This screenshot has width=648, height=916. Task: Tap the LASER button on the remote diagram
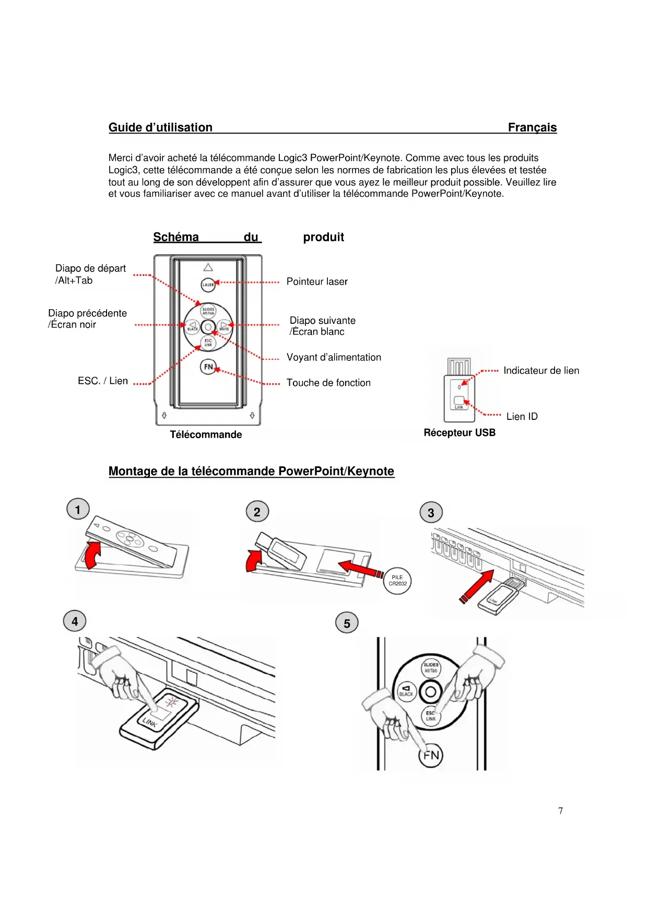[x=208, y=285]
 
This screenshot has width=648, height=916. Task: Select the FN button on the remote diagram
[x=208, y=367]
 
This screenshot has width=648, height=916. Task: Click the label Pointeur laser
[x=317, y=281]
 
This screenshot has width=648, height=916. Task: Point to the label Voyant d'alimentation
[x=334, y=357]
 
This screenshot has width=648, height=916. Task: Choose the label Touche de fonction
[x=328, y=383]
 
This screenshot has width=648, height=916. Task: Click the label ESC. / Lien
[x=103, y=381]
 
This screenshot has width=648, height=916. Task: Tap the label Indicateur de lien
[x=541, y=370]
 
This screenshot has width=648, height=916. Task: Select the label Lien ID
[x=522, y=416]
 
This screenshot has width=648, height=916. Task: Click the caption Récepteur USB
[x=460, y=432]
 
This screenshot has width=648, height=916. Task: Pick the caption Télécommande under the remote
[x=206, y=434]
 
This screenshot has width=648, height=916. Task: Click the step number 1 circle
[x=78, y=509]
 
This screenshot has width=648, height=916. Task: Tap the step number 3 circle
[x=431, y=513]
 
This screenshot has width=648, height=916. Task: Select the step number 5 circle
[x=347, y=623]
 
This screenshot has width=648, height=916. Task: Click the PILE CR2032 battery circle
[x=397, y=581]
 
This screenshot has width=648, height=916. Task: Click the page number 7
[x=560, y=811]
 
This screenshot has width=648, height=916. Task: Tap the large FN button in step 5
[x=431, y=755]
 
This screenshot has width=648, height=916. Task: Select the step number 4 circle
[x=75, y=621]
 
